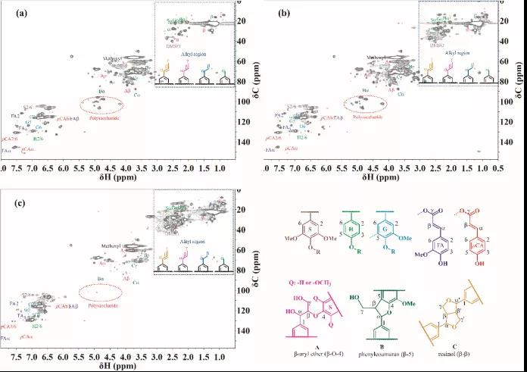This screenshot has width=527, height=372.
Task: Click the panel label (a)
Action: pos(14,13)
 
